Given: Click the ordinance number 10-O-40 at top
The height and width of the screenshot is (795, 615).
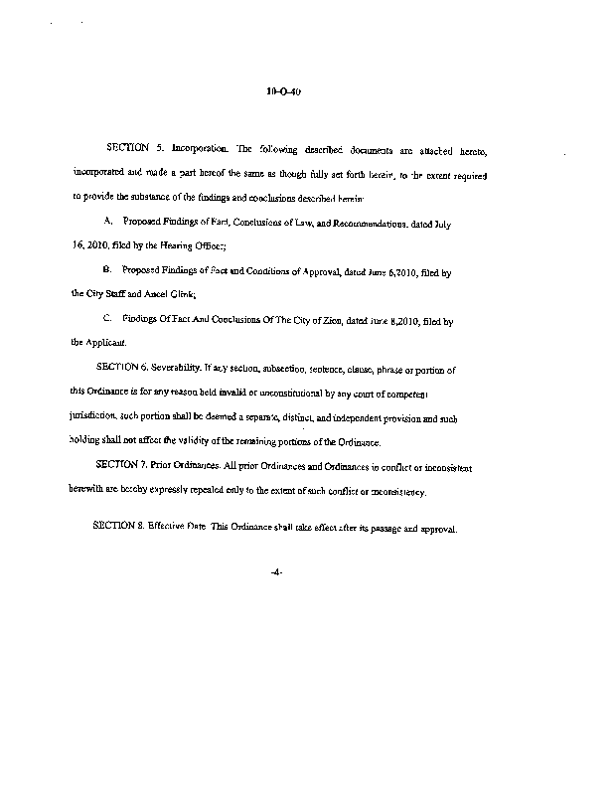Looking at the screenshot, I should tap(283, 92).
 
